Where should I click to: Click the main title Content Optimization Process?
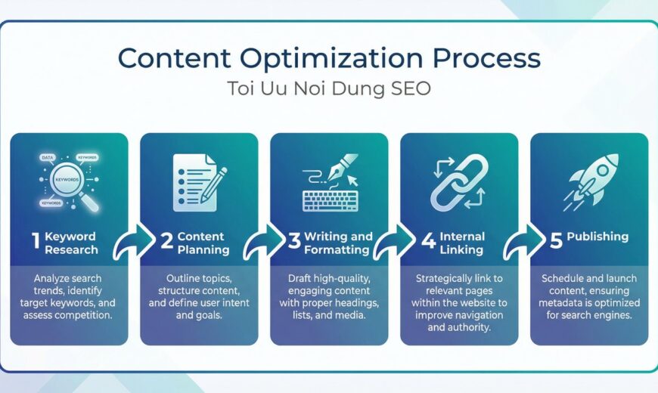[329, 59]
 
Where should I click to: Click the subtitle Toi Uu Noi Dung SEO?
[329, 88]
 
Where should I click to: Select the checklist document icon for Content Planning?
[198, 181]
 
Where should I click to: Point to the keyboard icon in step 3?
[329, 200]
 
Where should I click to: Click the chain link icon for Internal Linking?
[458, 181]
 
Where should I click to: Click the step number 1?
[35, 241]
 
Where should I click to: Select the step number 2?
[166, 242]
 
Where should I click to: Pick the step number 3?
[294, 242]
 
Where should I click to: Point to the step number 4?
[428, 242]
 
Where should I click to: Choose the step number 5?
[556, 241]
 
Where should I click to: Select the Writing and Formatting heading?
[337, 243]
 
